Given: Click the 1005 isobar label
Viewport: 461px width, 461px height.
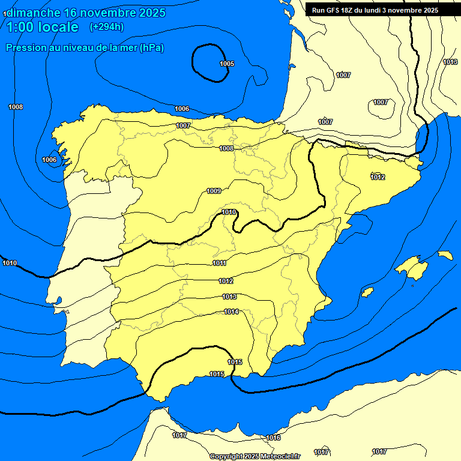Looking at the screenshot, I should pos(227,64).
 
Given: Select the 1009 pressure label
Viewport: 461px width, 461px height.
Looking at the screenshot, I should pos(214,191).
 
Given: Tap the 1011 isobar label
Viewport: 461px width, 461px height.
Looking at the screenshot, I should pos(219,263).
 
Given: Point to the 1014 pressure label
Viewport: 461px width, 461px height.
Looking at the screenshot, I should pos(231,312).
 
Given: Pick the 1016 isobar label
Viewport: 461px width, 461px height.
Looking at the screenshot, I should pos(273,438).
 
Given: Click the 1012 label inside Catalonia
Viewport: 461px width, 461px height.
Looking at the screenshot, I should pos(378,177).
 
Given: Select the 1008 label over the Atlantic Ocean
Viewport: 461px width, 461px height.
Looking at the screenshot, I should pos(16,107).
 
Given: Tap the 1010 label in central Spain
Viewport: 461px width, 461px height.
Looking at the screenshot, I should pos(229,212).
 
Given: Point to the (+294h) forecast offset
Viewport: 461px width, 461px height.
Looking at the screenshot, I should pos(106,27).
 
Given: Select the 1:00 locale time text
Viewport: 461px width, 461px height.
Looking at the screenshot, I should pos(42,27).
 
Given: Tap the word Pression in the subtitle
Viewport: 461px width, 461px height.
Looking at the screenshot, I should pos(26,48).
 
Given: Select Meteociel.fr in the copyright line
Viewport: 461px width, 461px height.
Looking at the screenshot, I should pos(279,456).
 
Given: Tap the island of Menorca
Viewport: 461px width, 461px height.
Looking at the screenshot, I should pos(445,255).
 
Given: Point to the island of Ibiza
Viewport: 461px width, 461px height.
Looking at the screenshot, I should pos(367,292).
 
